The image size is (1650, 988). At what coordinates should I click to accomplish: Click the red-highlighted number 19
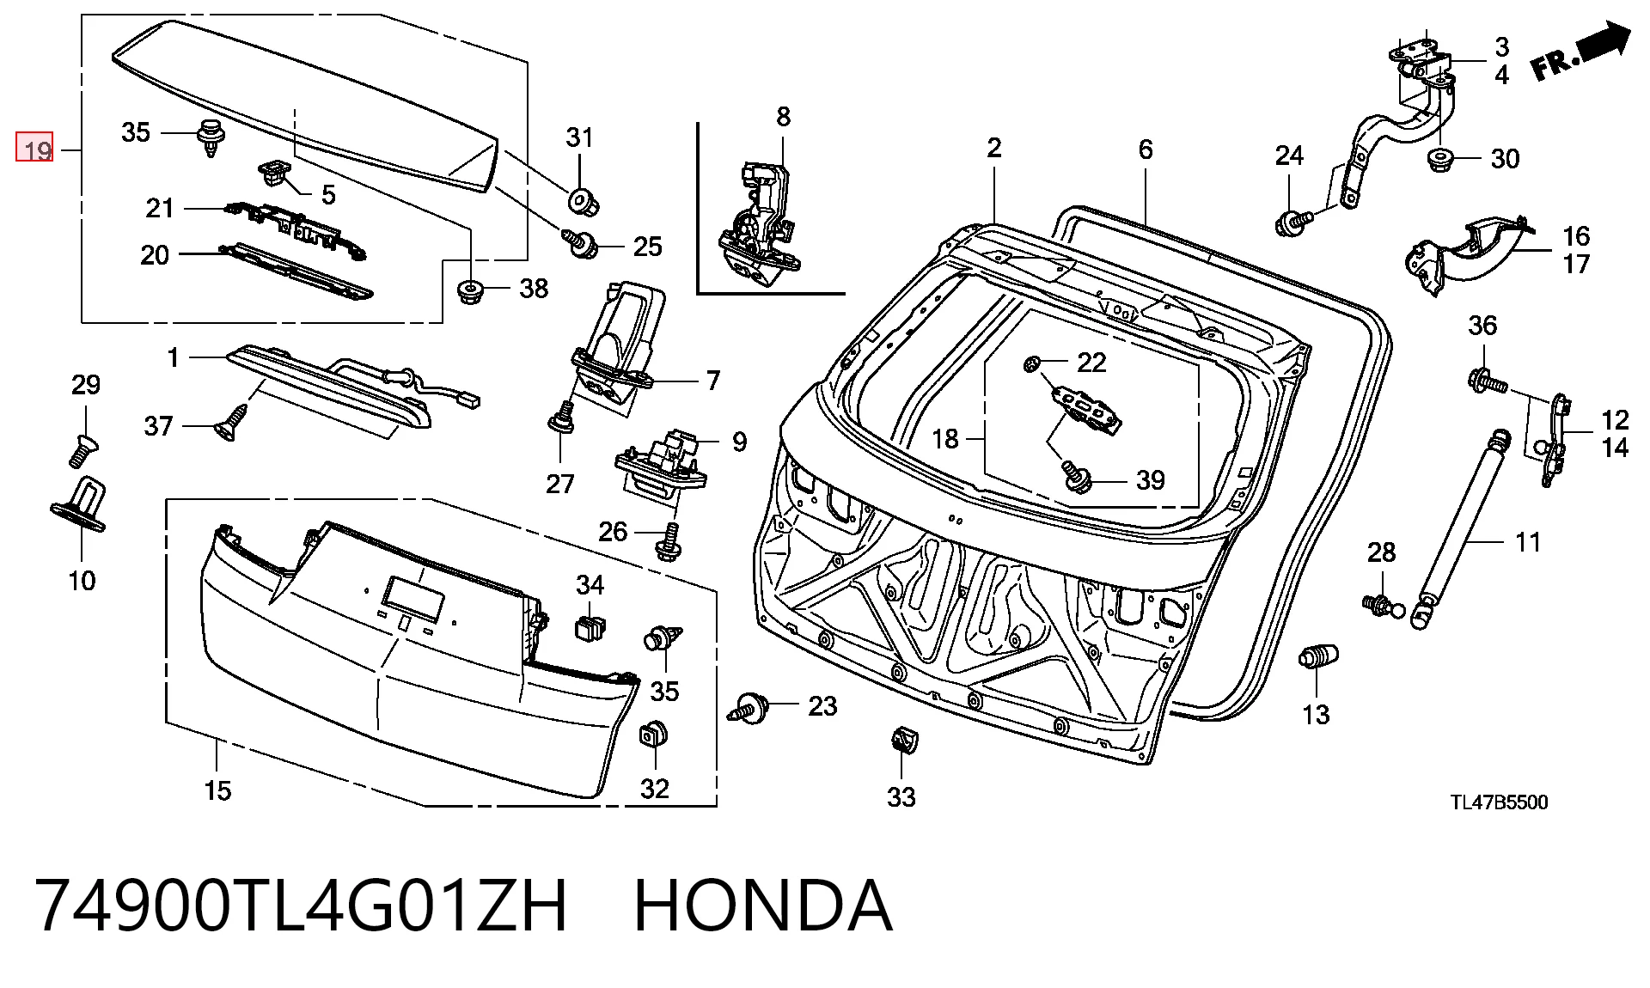[35, 149]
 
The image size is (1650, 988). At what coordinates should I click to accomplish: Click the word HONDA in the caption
[763, 906]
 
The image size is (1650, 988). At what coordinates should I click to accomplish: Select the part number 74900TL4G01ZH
[302, 906]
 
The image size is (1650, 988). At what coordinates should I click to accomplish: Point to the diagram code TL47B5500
[1500, 802]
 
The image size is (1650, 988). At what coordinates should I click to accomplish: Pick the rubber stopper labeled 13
[1317, 660]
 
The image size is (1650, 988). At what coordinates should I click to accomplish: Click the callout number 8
[783, 117]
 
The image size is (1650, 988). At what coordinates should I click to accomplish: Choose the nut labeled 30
[1441, 161]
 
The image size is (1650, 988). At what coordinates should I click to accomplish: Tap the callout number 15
[217, 790]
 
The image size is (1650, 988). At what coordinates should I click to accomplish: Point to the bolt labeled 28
[1379, 604]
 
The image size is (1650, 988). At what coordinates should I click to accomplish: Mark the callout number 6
[1146, 149]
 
